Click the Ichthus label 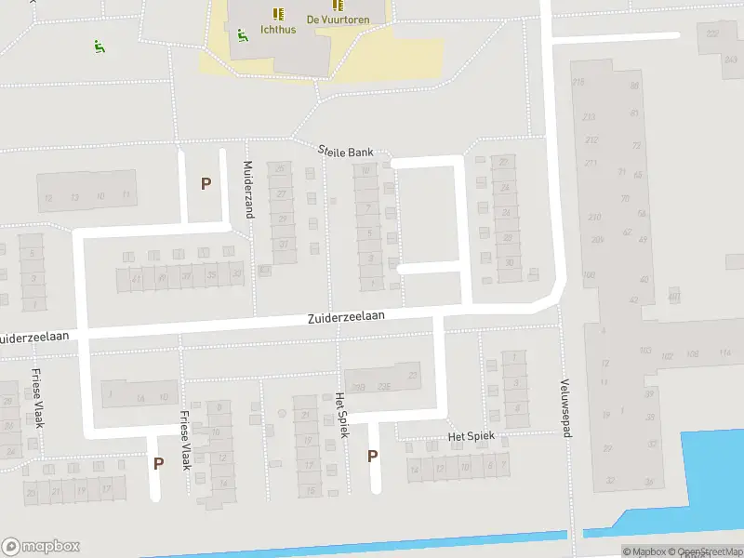tap(279, 30)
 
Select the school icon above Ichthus tap(277, 13)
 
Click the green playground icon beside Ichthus tap(242, 35)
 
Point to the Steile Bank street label tap(346, 151)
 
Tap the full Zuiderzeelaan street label tap(346, 317)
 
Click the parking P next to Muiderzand tap(206, 183)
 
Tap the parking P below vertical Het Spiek tap(373, 456)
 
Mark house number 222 tap(713, 33)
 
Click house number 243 tap(730, 59)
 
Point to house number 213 tap(589, 117)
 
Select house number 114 tap(725, 352)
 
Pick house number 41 tap(136, 277)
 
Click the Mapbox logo tap(40, 547)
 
